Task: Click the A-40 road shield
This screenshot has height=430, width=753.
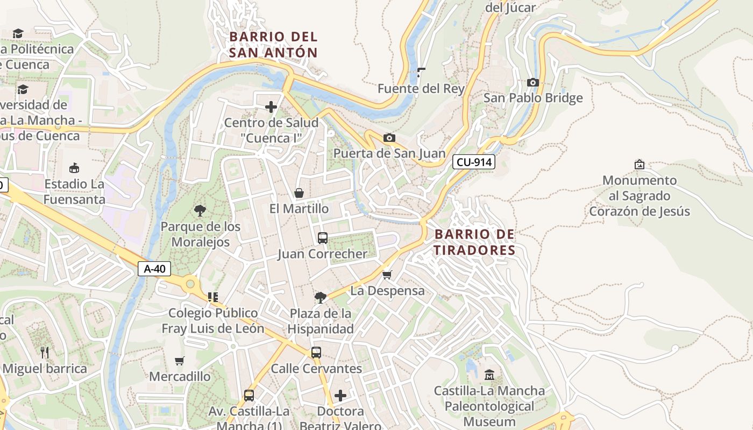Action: click(155, 269)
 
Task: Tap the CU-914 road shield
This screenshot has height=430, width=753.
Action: click(473, 162)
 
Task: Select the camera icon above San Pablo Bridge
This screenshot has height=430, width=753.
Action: click(533, 82)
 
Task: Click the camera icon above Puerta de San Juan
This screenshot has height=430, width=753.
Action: click(389, 138)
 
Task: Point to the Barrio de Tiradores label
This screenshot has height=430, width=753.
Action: click(474, 242)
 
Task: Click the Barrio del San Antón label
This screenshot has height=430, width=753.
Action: click(273, 45)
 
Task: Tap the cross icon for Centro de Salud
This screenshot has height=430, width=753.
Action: click(271, 107)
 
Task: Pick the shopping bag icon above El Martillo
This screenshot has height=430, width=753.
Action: click(299, 193)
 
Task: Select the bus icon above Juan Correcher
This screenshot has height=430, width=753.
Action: click(323, 238)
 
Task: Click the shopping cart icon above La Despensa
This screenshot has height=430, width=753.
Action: click(387, 275)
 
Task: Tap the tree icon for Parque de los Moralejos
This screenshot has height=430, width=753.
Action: click(200, 210)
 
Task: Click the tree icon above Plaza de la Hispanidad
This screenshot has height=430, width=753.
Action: click(321, 297)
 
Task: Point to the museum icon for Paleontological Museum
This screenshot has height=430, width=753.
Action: click(489, 375)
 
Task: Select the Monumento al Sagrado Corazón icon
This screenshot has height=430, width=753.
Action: click(640, 164)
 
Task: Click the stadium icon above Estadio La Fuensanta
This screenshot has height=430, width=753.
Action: click(74, 168)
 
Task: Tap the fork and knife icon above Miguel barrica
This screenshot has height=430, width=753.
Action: click(45, 353)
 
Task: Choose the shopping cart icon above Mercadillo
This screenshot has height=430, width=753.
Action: click(180, 361)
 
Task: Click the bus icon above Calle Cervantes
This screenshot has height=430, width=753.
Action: click(316, 353)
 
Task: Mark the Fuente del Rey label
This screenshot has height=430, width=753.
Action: click(421, 89)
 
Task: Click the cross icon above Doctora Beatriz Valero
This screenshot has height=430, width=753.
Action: click(340, 396)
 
